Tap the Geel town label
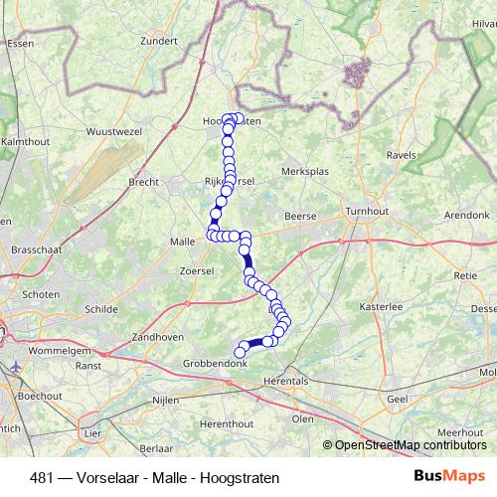pos(398,398)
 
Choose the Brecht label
pos(145,183)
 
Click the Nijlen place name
pos(165,399)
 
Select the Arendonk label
pos(466,215)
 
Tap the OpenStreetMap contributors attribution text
pos(412,444)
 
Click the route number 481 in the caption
pos(43,477)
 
